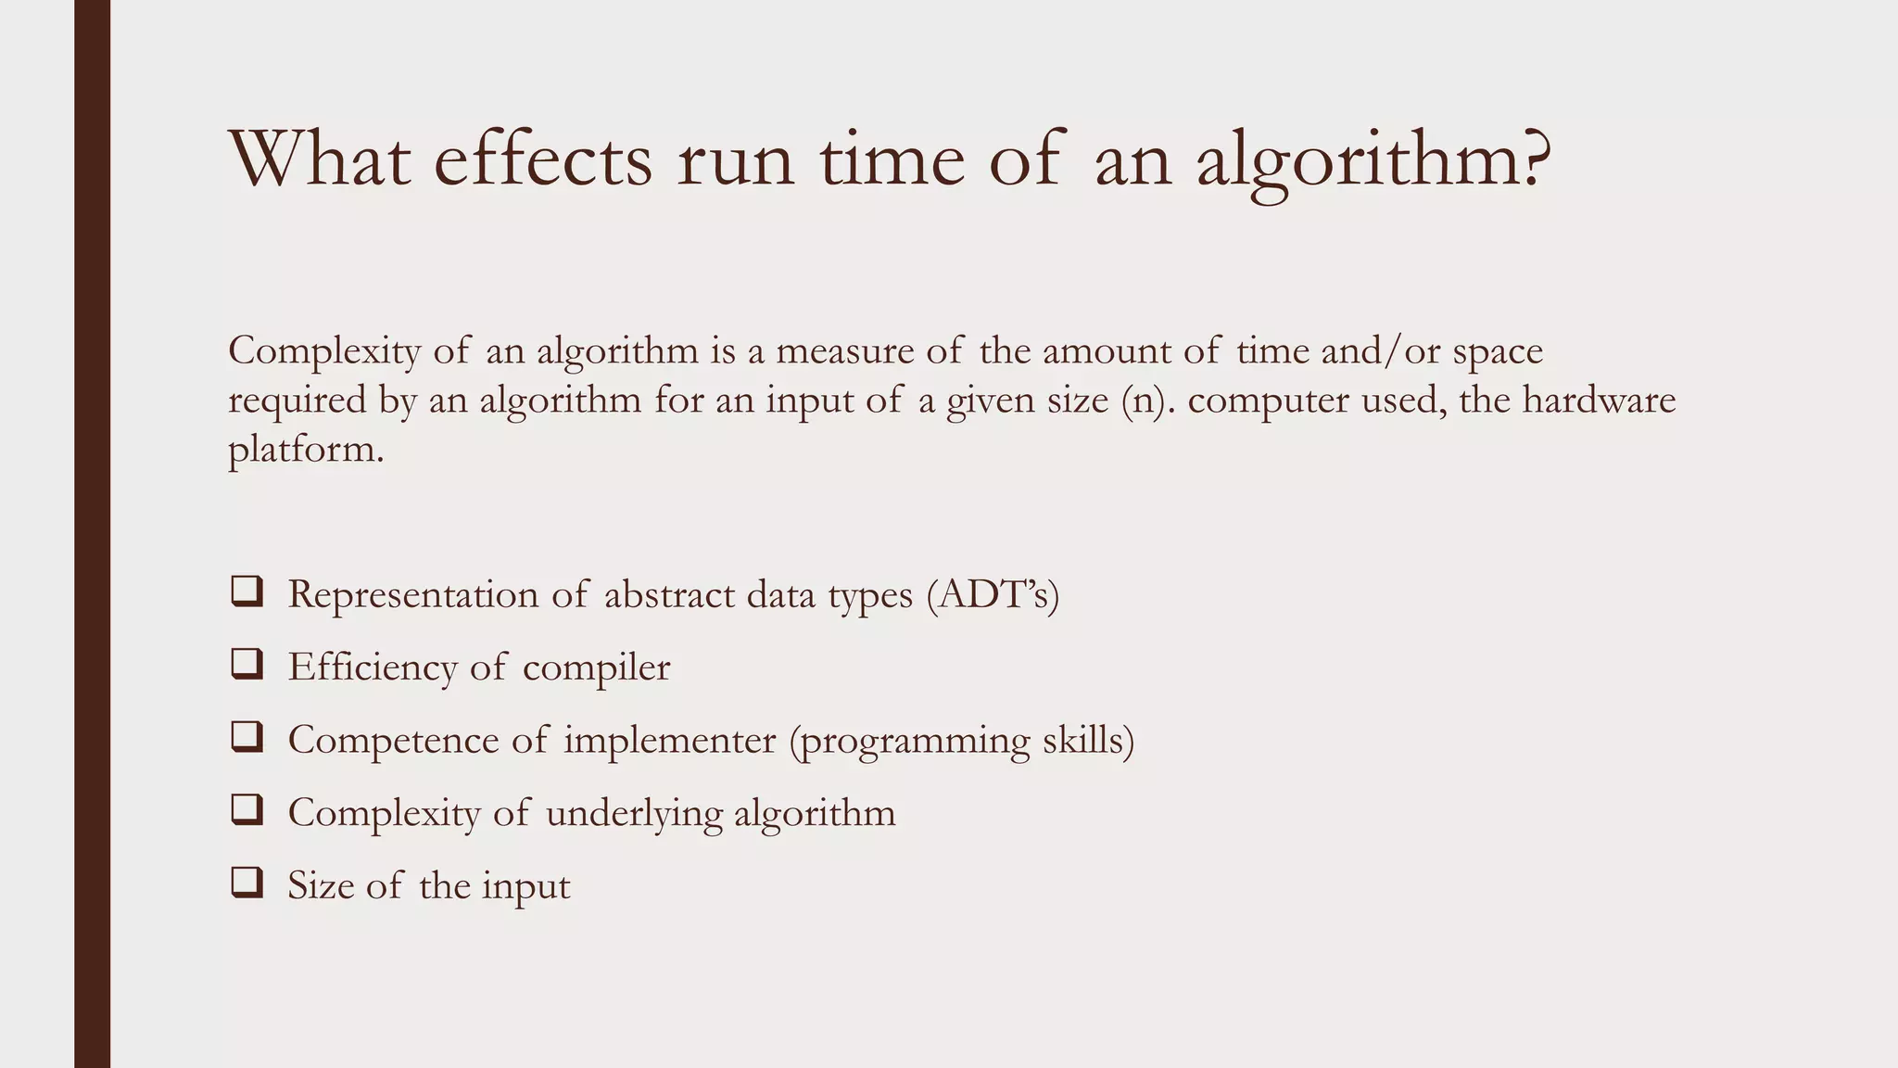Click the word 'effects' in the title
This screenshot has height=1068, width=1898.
pos(542,159)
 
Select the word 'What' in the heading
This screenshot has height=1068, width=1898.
pos(320,159)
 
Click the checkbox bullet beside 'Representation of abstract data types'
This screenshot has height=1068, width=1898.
pos(247,592)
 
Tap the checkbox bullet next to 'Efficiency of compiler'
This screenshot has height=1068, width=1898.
pos(247,665)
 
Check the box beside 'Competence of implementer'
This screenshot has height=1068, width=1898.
pos(247,738)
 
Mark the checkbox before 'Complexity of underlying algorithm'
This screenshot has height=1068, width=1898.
pos(247,810)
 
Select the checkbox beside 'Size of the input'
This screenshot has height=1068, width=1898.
pos(247,884)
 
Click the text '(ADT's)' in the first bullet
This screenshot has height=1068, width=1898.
pos(993,594)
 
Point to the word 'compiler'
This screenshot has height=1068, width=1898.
pos(596,667)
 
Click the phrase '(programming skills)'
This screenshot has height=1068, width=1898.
pos(962,741)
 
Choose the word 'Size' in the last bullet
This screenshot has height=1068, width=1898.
pos(321,885)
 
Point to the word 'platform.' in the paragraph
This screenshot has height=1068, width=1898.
pos(306,451)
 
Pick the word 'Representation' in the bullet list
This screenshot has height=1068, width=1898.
pos(412,594)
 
